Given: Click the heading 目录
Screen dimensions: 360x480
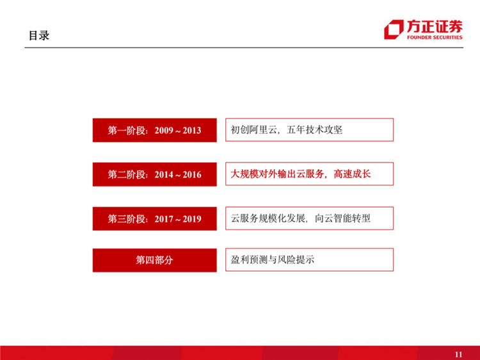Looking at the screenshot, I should click(x=39, y=35).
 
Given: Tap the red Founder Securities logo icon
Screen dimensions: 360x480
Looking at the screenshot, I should click(x=393, y=29).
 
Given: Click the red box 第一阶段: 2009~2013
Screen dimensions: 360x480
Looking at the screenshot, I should click(x=154, y=130).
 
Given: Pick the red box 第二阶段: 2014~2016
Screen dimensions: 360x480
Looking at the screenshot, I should click(x=154, y=174).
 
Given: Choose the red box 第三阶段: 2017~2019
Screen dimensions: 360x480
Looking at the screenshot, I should click(x=154, y=218).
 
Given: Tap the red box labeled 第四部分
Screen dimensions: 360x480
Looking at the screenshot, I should click(x=154, y=260).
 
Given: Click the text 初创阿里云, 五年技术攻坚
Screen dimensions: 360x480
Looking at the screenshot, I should click(x=287, y=130).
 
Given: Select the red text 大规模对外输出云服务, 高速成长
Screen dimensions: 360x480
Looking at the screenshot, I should click(x=301, y=174).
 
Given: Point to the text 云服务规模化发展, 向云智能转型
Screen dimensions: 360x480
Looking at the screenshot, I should click(x=301, y=218).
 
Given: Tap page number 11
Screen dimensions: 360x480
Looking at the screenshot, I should click(x=458, y=354).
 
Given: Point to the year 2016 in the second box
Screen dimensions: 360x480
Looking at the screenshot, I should click(x=192, y=175).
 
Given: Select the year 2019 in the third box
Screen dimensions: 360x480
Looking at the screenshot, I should click(x=192, y=219).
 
